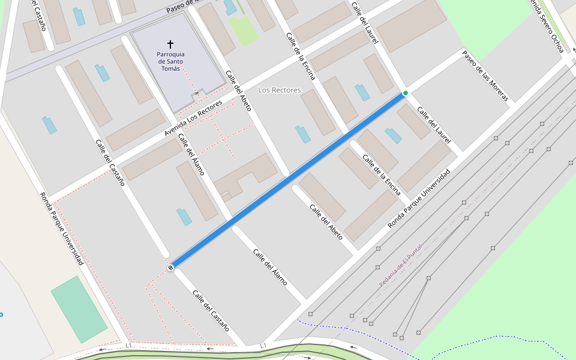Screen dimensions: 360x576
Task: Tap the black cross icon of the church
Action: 170,44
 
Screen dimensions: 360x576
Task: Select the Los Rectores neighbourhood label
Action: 279,90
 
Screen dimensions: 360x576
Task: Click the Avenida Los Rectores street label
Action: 194,118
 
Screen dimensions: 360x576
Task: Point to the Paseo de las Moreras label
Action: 485,76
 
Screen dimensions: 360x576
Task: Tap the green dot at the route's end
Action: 406,93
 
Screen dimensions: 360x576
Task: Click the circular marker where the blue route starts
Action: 171,268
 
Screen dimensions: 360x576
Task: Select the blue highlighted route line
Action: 288,180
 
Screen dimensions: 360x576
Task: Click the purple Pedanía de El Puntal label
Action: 400,265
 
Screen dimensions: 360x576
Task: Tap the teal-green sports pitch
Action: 79,309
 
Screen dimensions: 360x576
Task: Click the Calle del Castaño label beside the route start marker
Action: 211,310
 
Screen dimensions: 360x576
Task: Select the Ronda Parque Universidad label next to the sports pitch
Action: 61,229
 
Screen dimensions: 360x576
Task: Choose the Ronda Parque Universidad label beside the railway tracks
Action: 418,199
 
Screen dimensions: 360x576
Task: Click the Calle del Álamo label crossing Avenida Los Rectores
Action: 191,155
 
